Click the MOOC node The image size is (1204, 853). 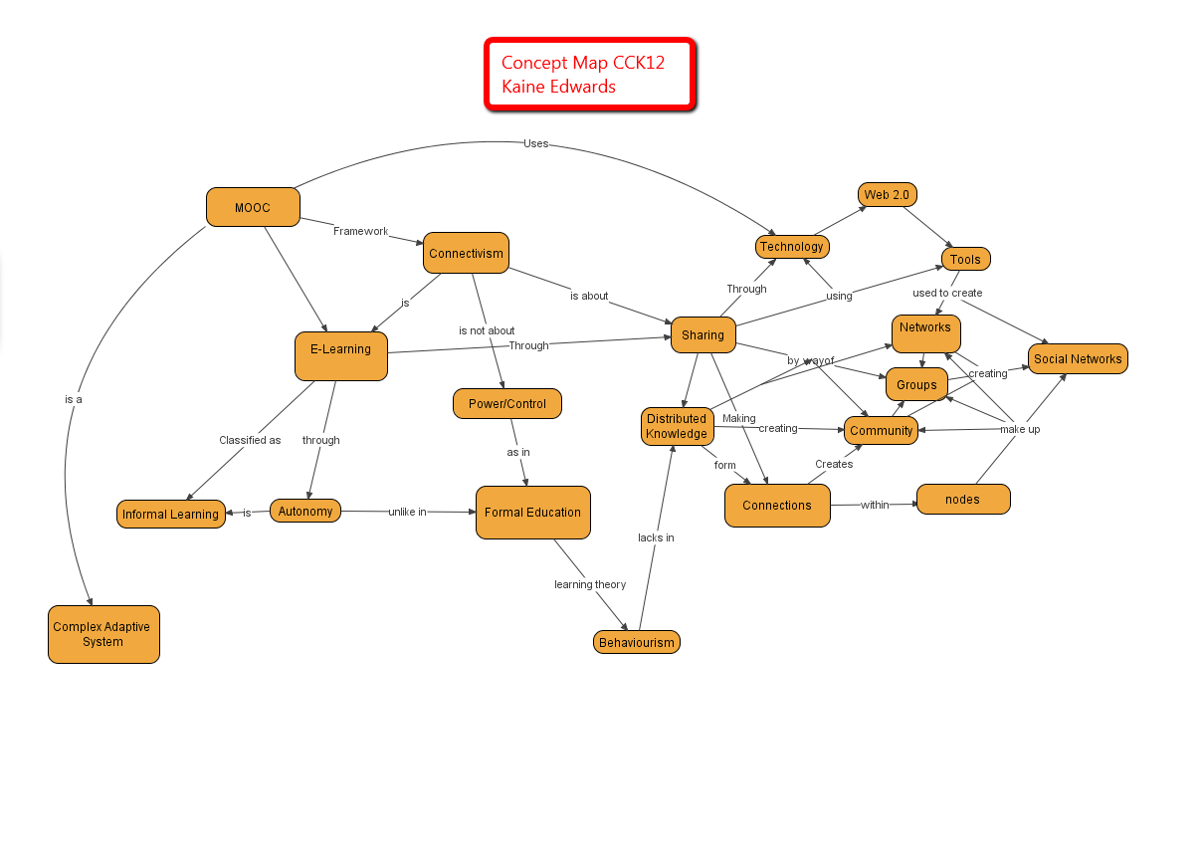coord(253,207)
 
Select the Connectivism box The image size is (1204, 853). coord(466,253)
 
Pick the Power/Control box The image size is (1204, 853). coord(507,404)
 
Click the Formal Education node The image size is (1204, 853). coord(532,513)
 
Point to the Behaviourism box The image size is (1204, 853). coord(636,642)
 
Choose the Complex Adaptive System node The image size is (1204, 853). coord(103,634)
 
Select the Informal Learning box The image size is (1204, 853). coord(170,514)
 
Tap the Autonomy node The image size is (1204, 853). coord(304,511)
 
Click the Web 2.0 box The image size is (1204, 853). coord(887,195)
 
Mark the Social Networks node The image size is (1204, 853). coord(1078,358)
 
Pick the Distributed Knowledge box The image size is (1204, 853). coord(677,426)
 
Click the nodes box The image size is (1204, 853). coord(962,499)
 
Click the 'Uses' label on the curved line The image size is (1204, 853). coord(535,143)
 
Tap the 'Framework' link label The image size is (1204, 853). coord(360,231)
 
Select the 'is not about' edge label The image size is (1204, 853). coord(487,330)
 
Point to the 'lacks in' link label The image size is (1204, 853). coord(656,537)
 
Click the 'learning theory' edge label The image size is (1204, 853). coord(590,584)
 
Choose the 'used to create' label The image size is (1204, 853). coord(947,293)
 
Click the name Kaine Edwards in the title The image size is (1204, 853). coord(558,87)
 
